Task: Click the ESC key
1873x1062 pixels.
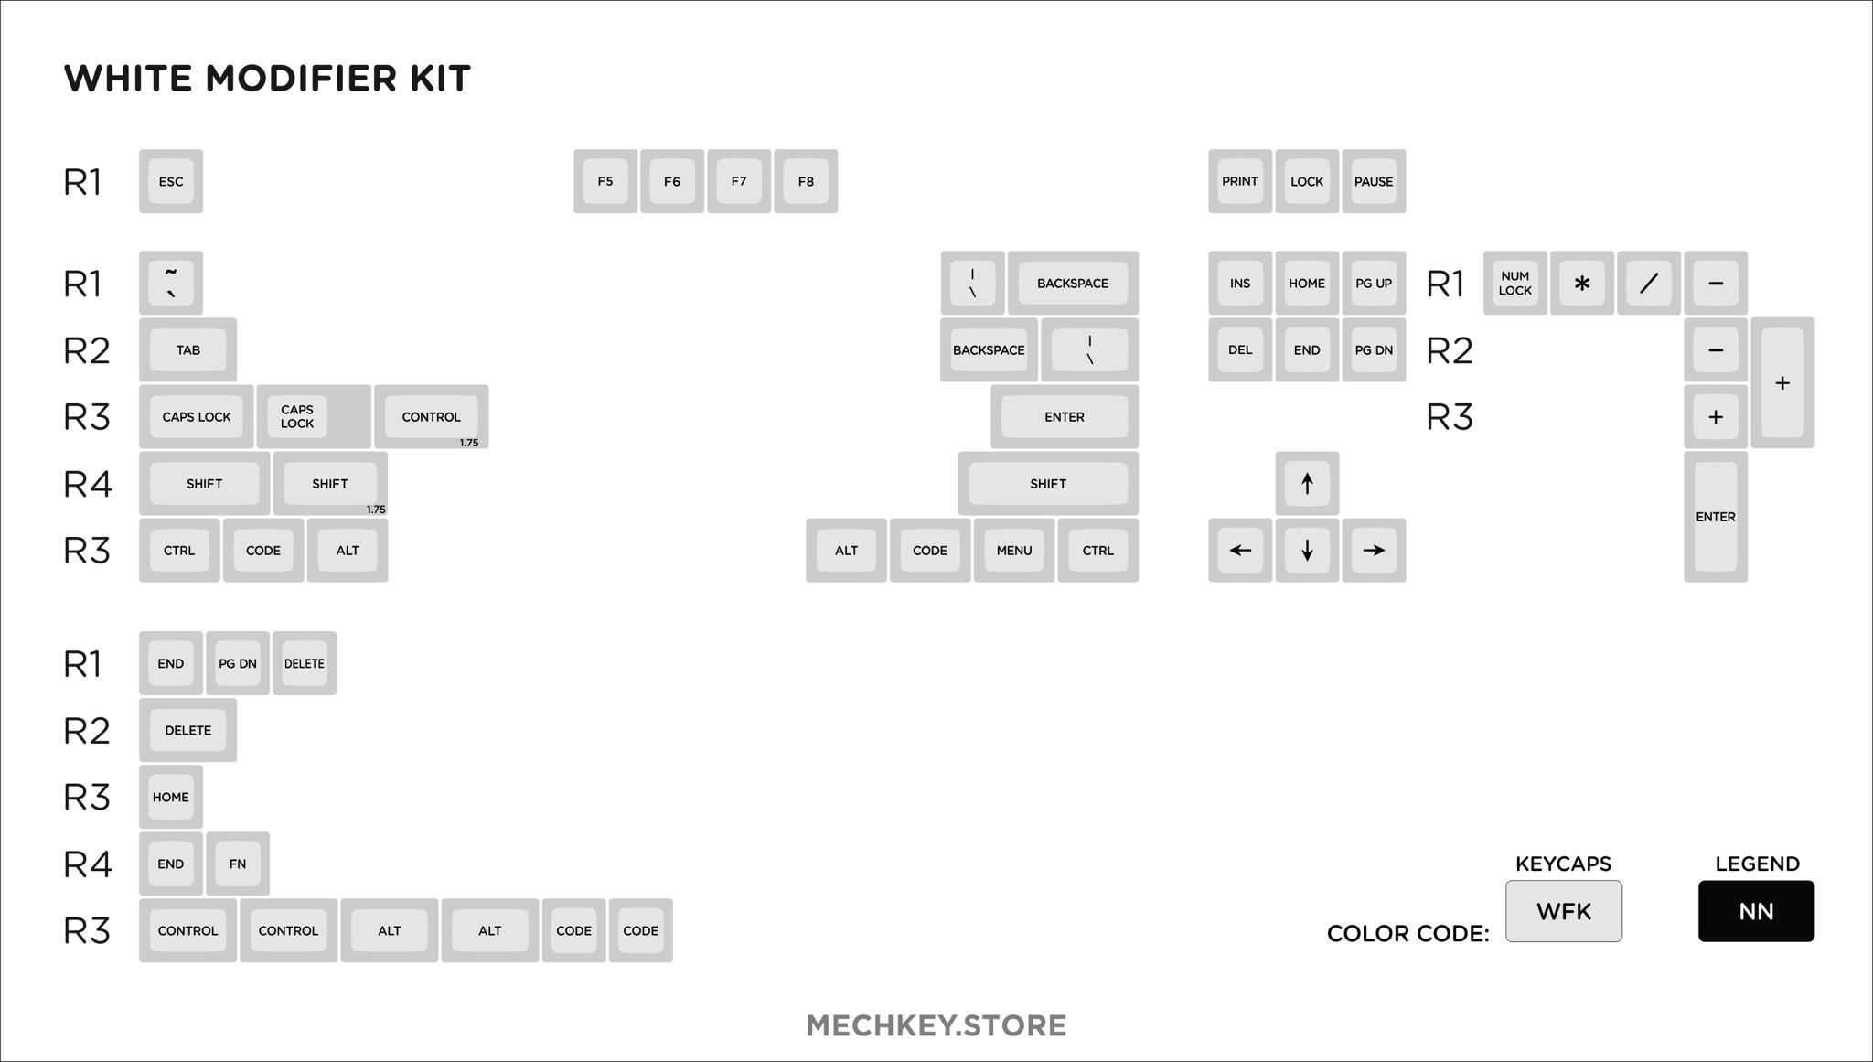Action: click(x=171, y=181)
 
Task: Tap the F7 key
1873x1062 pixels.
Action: click(x=739, y=181)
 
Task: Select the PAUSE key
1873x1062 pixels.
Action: click(x=1374, y=181)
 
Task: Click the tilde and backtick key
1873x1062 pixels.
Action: click(x=171, y=283)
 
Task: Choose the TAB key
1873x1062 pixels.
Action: click(x=188, y=349)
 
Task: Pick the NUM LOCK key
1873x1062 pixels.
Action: click(x=1515, y=283)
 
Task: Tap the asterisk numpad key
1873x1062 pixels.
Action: click(x=1582, y=283)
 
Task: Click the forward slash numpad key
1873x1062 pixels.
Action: click(x=1649, y=283)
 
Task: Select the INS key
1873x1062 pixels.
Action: click(x=1240, y=283)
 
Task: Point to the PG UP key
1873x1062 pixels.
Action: click(x=1374, y=283)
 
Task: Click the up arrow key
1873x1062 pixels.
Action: click(x=1307, y=483)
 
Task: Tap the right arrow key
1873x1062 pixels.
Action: click(x=1374, y=550)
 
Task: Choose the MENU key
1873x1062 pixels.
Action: click(x=1014, y=550)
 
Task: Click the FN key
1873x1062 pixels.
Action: click(x=238, y=864)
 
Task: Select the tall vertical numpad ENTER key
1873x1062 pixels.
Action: click(x=1716, y=517)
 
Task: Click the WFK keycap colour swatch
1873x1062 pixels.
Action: click(x=1564, y=911)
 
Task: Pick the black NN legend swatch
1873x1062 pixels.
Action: click(x=1756, y=911)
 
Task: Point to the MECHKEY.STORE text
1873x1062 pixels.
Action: click(x=936, y=1025)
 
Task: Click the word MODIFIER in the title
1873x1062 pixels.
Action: click(x=302, y=79)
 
